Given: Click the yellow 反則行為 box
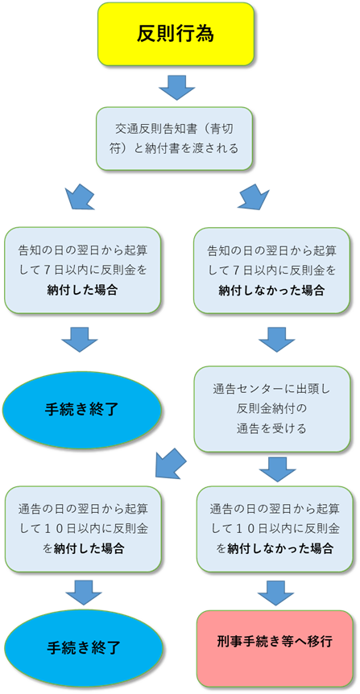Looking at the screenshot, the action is click(x=176, y=34).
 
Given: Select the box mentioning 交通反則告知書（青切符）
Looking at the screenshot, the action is click(x=175, y=138).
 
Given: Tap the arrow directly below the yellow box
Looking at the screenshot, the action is click(x=177, y=88).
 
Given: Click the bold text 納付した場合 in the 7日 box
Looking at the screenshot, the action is click(x=83, y=291).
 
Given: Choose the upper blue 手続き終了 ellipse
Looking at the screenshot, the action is click(x=82, y=410).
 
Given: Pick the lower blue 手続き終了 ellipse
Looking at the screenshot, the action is click(x=83, y=648).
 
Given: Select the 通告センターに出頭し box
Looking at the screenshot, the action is click(x=272, y=409).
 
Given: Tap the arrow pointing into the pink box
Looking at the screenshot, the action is click(x=276, y=593).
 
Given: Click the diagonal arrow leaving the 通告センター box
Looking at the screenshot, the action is click(x=171, y=463).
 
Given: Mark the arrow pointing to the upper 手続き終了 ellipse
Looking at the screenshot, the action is click(x=79, y=340).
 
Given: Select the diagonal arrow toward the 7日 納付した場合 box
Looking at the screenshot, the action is click(x=80, y=195).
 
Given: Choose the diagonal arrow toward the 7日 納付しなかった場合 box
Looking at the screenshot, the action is click(x=254, y=195).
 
